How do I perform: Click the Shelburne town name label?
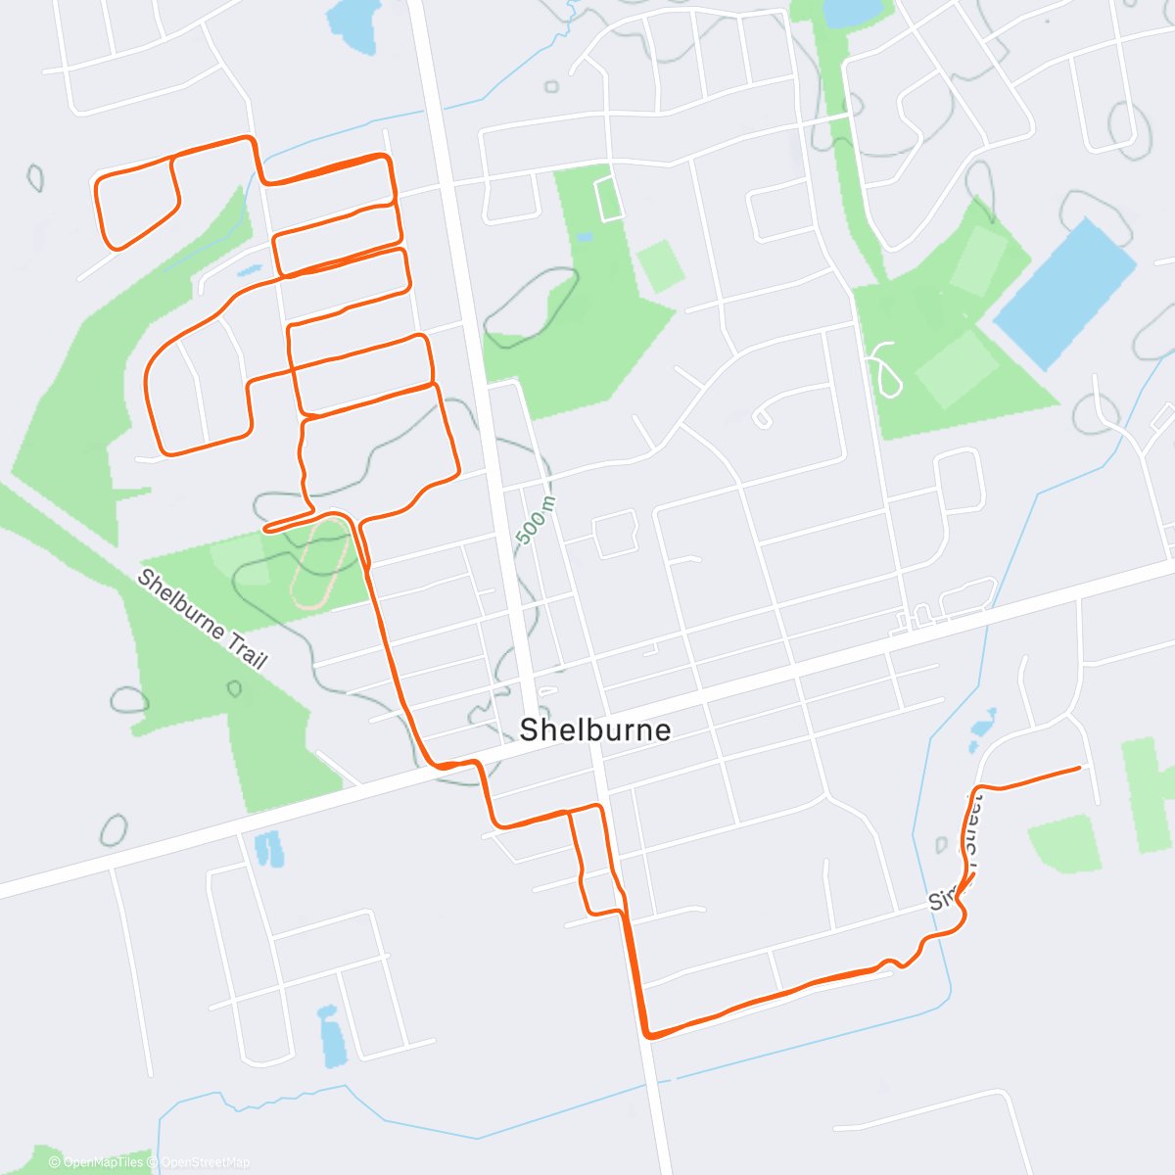pyautogui.click(x=595, y=729)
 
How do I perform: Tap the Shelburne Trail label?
pyautogui.click(x=202, y=619)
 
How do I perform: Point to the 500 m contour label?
pyautogui.click(x=536, y=520)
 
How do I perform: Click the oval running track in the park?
pyautogui.click(x=320, y=564)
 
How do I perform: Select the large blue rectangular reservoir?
pyautogui.click(x=1065, y=294)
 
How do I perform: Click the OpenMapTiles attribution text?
pyautogui.click(x=102, y=1162)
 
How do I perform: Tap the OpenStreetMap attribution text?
pyautogui.click(x=205, y=1162)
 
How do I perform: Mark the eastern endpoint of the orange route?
pyautogui.click(x=1079, y=768)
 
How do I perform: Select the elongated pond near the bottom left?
pyautogui.click(x=330, y=1036)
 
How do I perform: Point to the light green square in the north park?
pyautogui.click(x=661, y=265)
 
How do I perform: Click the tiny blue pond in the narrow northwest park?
pyautogui.click(x=249, y=270)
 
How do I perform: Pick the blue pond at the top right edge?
pyautogui.click(x=851, y=13)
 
